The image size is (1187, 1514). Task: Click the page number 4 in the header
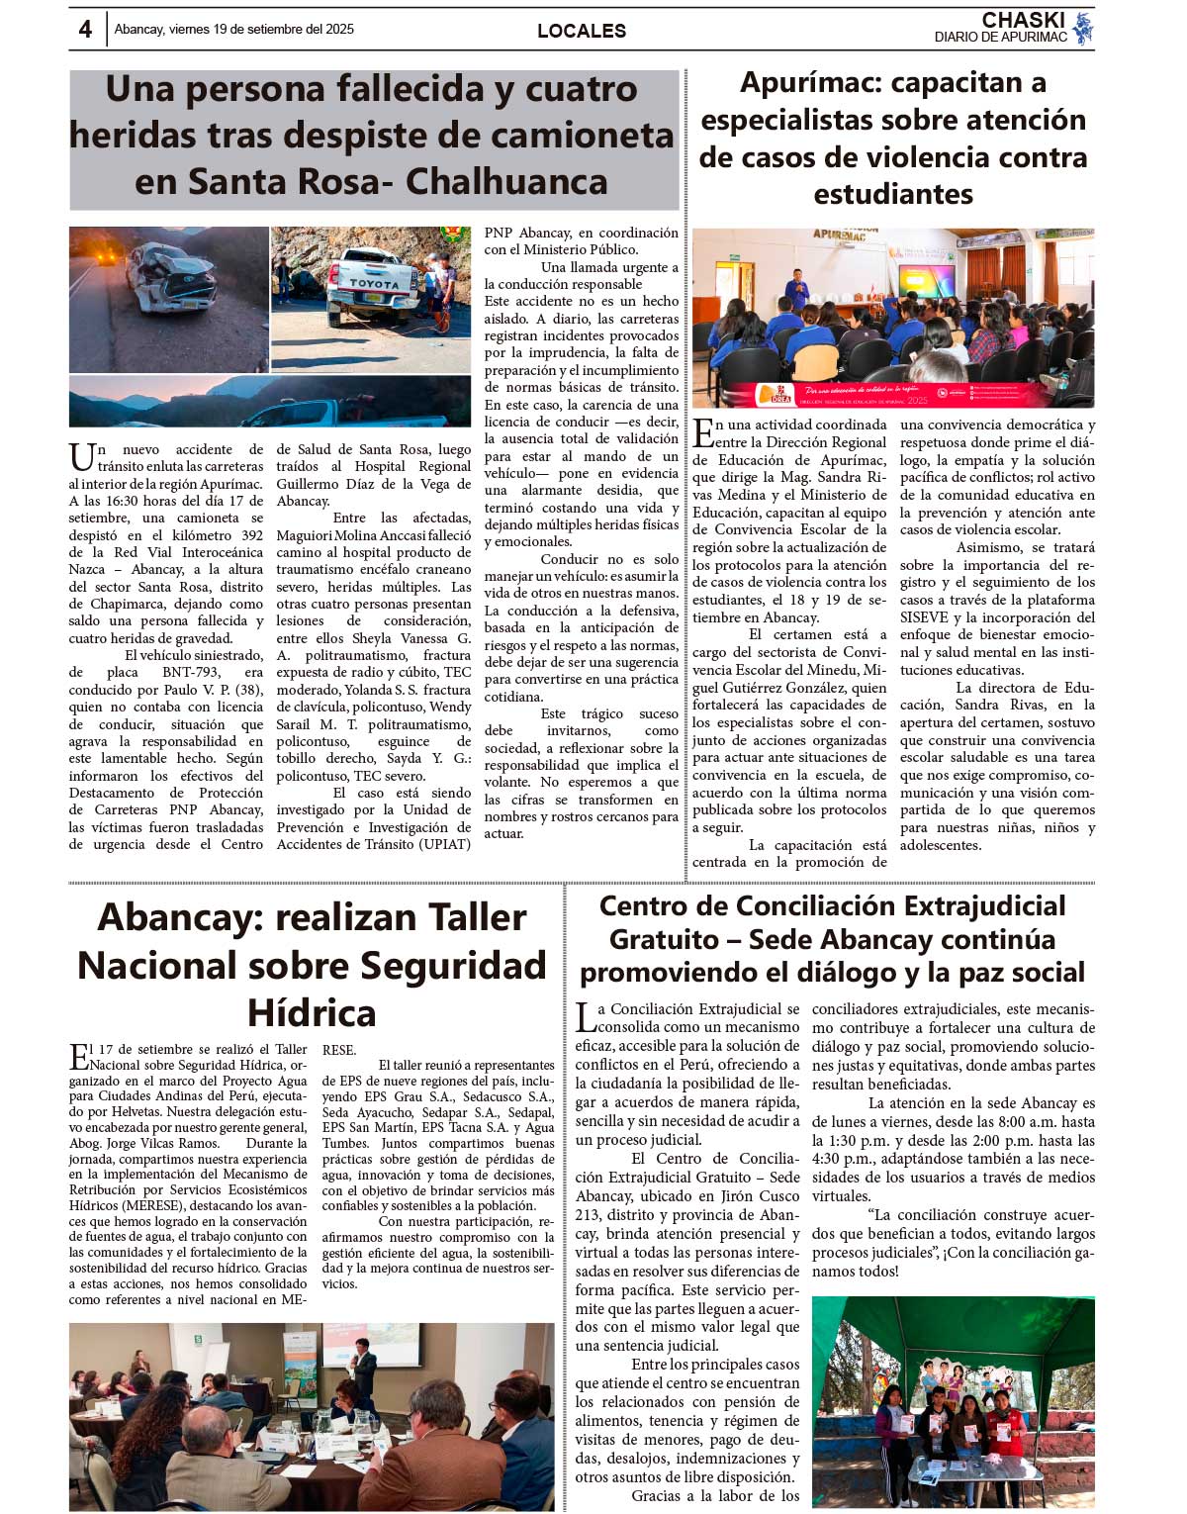pos(85,30)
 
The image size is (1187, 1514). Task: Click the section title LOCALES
pos(581,31)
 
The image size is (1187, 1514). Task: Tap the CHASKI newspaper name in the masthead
pos(1023,20)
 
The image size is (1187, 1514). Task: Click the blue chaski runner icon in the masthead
pos(1083,29)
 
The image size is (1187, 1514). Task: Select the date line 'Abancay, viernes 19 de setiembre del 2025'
pos(233,30)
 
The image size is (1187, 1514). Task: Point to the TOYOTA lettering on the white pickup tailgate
pos(375,284)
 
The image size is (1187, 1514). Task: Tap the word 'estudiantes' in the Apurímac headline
pos(892,194)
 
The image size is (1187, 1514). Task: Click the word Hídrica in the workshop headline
pos(312,1013)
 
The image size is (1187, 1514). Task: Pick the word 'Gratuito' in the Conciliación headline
pos(664,939)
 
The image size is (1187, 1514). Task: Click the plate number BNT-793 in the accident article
pos(191,673)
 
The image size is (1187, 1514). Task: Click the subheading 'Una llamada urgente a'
pos(609,267)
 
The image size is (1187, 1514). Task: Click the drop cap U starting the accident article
pos(81,458)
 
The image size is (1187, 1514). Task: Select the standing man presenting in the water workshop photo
pos(363,1374)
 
